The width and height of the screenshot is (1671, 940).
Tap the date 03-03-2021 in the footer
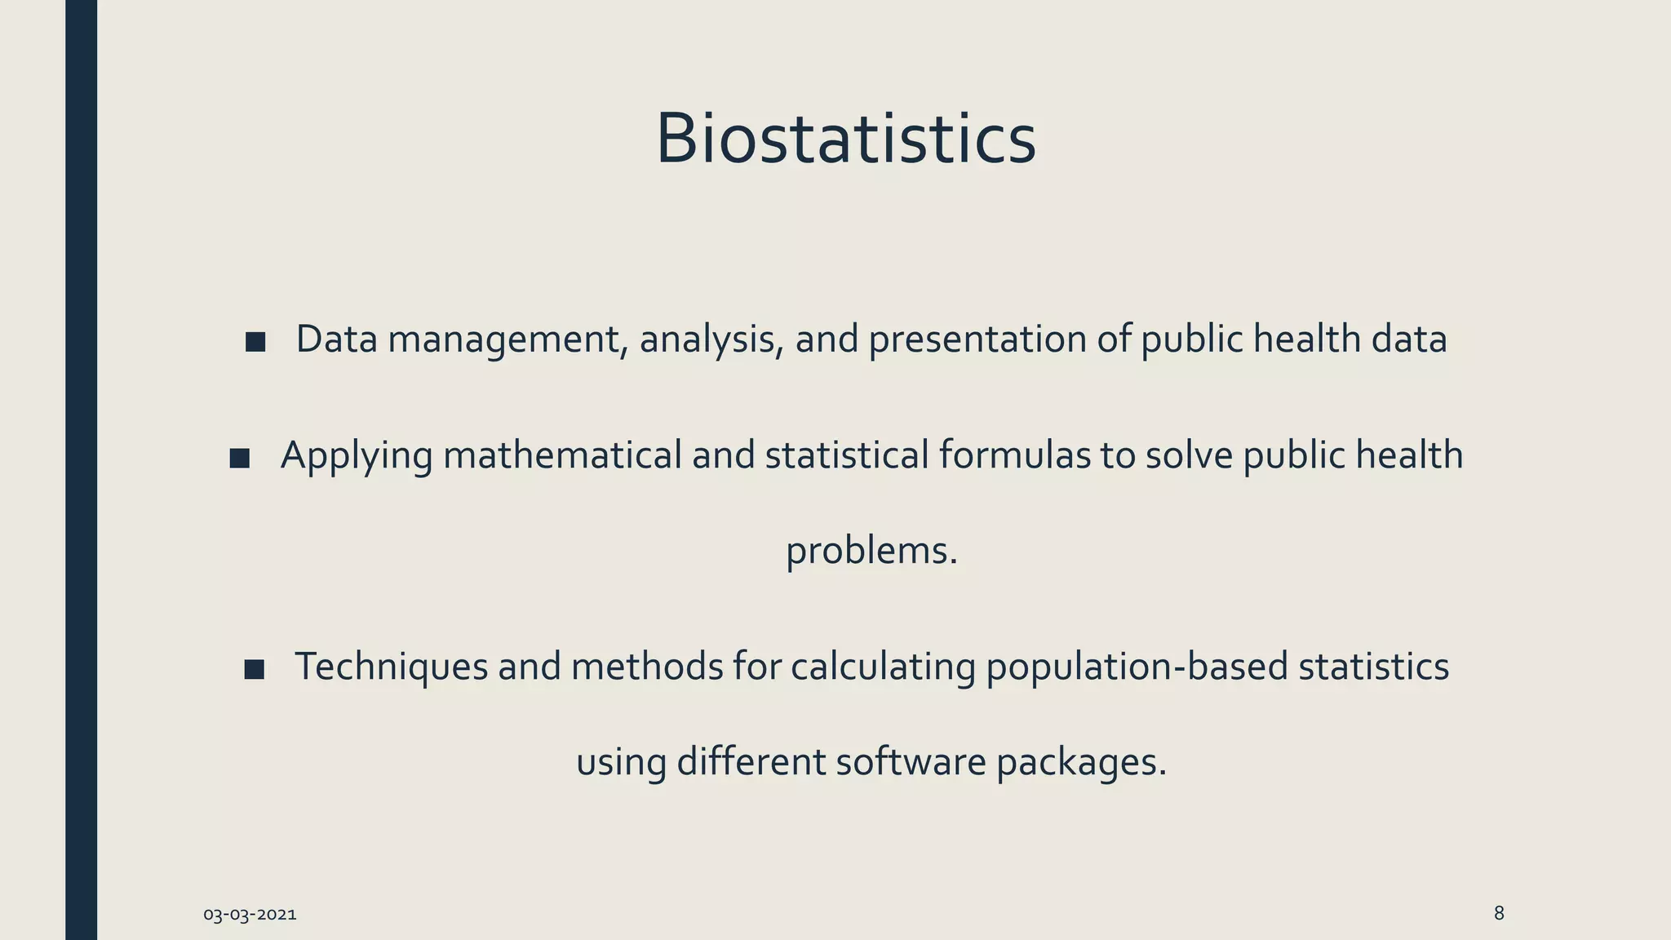point(250,915)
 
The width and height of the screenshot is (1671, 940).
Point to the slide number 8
point(1499,913)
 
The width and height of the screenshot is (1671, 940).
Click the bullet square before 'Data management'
point(255,342)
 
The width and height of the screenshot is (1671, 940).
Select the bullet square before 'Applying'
point(240,458)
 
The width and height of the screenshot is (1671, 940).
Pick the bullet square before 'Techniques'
point(255,670)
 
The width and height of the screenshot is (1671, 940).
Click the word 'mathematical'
point(562,455)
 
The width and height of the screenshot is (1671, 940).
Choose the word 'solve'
point(1190,455)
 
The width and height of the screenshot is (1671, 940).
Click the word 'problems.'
point(871,552)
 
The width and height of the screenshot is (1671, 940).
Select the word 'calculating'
point(883,667)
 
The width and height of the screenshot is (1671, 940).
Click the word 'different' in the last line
point(751,762)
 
